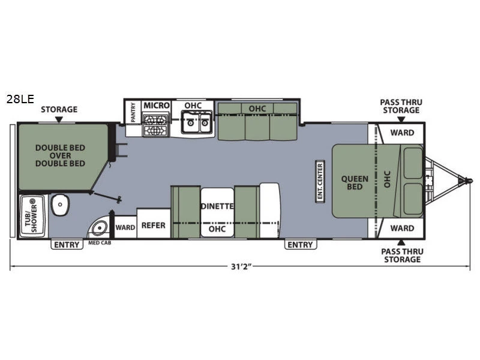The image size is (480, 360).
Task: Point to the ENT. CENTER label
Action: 320,181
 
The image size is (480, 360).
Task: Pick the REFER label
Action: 153,226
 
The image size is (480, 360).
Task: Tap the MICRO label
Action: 157,106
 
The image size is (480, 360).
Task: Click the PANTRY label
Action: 133,112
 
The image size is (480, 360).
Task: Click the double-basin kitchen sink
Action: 197,125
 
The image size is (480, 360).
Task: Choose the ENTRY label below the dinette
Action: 299,244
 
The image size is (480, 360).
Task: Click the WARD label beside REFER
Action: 125,227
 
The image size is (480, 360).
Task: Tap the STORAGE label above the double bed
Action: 59,109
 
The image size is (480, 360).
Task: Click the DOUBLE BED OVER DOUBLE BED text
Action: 59,155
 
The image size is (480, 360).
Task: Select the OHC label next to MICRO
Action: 193,106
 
